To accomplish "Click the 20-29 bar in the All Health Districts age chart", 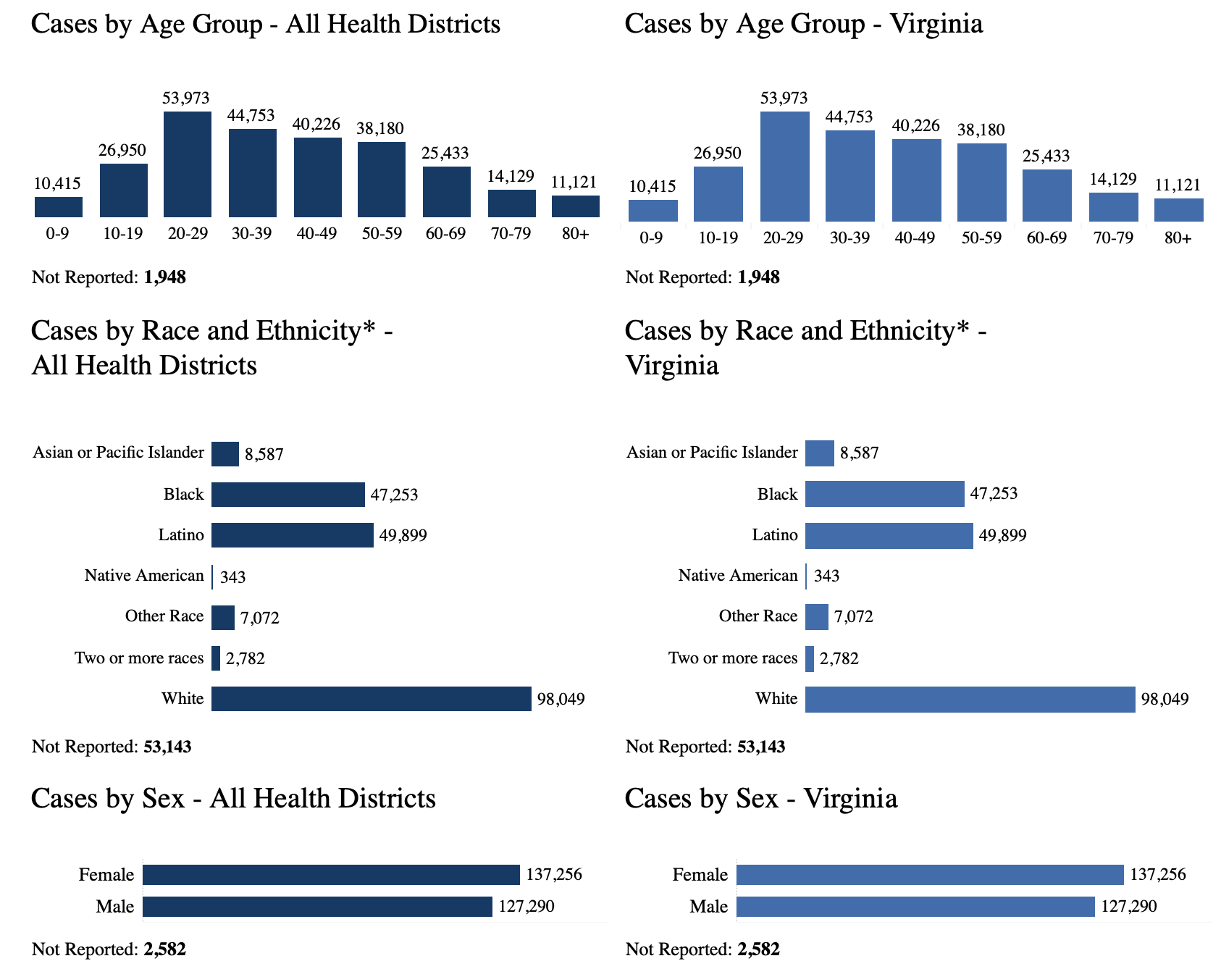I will point(188,164).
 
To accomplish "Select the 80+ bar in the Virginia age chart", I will point(1178,210).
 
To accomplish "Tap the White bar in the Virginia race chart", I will point(970,700).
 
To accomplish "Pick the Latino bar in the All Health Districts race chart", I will point(293,535).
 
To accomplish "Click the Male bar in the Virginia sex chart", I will point(915,907).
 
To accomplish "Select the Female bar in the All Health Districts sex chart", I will point(331,875).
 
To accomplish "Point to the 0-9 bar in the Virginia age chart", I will point(653,211).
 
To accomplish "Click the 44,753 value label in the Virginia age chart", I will point(849,117).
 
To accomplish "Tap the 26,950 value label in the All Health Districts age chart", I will point(122,151).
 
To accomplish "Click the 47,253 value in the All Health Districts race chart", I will point(394,495).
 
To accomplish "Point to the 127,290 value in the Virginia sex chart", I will point(1128,907).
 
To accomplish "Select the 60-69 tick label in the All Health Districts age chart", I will point(445,234).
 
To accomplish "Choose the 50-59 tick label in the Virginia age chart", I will point(981,238).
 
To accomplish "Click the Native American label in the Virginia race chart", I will point(737,576).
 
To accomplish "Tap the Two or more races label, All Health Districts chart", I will point(139,658).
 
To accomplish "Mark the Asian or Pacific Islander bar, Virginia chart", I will point(819,453).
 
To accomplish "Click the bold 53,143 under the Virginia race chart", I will point(760,747).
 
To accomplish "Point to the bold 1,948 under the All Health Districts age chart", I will point(164,277).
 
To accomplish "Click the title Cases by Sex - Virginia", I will point(760,799).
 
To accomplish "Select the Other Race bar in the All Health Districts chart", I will point(223,618).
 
